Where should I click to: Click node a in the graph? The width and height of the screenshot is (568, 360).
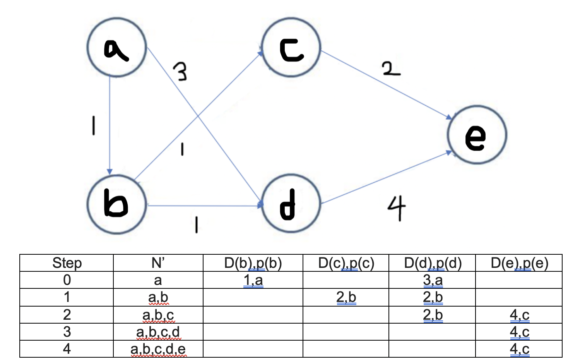coord(116,48)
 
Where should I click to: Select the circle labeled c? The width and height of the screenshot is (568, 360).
coord(291,48)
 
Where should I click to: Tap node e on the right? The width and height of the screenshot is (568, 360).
coord(477,135)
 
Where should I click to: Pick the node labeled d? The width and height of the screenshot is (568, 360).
coord(291,204)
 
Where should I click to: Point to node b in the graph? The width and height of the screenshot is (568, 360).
coord(116,204)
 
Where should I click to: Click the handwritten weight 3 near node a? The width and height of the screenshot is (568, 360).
coord(180,72)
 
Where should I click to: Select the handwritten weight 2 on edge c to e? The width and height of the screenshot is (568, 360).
coord(391,69)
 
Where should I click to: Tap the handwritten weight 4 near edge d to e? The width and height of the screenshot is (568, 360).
coord(397,207)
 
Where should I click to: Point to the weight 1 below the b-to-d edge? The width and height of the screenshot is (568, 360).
coord(197,224)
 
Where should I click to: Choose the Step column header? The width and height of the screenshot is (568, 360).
coord(67,263)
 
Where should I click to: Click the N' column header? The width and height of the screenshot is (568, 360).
coord(158,263)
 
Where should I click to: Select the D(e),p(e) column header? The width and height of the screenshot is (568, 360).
coord(519,263)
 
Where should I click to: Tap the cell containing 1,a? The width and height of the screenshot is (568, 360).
coord(253,280)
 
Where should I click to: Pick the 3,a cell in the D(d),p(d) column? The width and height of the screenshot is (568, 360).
coord(433,280)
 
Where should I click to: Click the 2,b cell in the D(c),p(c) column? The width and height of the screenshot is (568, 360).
coord(346,297)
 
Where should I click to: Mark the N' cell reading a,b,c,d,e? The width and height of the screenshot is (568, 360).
coord(158,349)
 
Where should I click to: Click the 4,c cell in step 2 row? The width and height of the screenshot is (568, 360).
coord(519,315)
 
